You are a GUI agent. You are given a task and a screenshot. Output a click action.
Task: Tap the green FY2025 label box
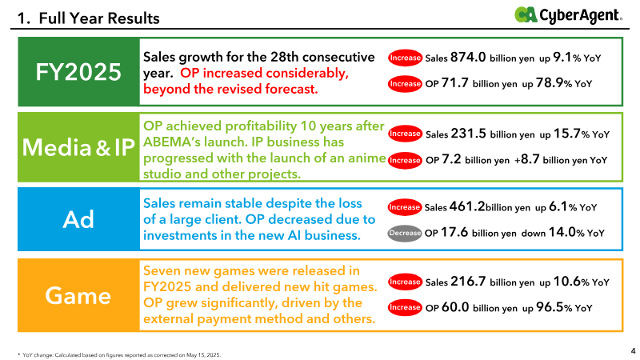pyautogui.click(x=78, y=71)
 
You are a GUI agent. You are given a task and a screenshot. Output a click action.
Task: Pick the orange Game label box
pyautogui.click(x=78, y=295)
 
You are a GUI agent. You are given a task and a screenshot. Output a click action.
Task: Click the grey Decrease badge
pyautogui.click(x=405, y=234)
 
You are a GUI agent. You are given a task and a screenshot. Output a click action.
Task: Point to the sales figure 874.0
pyautogui.click(x=468, y=58)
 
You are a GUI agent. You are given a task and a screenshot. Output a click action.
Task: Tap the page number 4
pyautogui.click(x=633, y=350)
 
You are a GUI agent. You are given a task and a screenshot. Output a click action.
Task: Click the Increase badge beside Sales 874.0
pyautogui.click(x=405, y=58)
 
